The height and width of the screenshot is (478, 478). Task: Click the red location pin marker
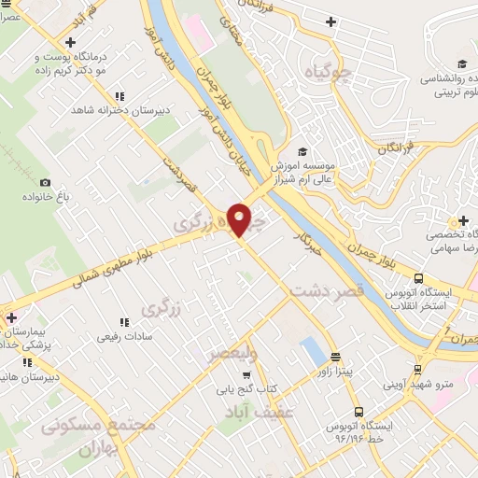241,218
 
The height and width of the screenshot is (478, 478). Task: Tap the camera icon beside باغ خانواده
46,183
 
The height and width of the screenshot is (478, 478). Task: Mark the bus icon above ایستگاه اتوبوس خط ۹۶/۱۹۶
358,412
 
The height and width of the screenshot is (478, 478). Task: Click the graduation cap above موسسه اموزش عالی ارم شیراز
301,151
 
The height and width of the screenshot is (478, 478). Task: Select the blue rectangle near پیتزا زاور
310,351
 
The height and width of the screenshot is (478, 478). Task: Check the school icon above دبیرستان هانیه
27,362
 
